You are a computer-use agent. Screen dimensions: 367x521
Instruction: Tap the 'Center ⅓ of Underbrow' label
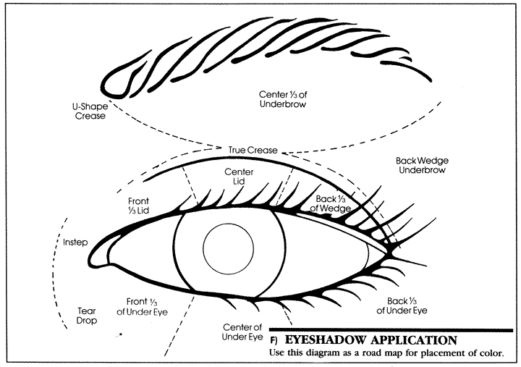click(x=282, y=99)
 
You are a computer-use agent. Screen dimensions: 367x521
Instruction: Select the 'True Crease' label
click(x=253, y=150)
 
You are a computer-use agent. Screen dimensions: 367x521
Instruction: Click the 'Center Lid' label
click(x=238, y=177)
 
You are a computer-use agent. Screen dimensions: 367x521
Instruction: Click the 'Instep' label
click(x=75, y=242)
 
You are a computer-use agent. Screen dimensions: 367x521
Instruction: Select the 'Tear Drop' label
click(x=87, y=315)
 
